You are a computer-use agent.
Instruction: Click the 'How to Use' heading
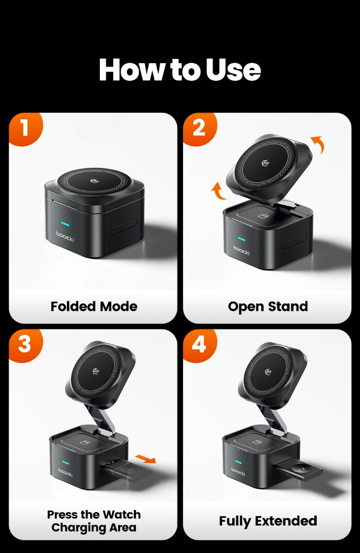coord(180,70)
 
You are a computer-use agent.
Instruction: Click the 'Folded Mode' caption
coord(94,307)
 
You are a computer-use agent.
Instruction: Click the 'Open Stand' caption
coord(268,307)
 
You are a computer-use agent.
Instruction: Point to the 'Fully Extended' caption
coord(268,521)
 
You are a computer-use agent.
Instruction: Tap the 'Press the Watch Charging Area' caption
coord(94,521)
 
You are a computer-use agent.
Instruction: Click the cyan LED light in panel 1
coord(65,225)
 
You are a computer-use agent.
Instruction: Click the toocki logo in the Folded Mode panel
coord(65,237)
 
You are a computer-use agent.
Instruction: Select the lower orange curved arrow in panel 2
coord(219,191)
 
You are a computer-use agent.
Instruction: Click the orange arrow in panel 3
coord(145,459)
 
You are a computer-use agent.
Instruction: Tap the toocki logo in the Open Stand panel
coord(242,250)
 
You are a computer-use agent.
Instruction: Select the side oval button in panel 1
coord(124,226)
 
